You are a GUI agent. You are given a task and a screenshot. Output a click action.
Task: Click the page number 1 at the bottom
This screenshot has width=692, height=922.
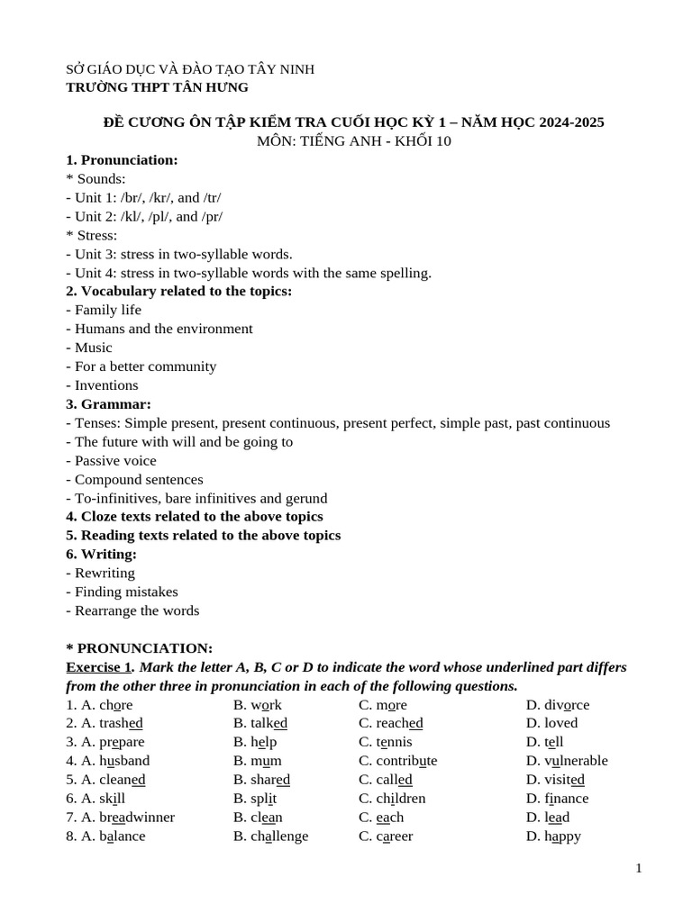coord(639,868)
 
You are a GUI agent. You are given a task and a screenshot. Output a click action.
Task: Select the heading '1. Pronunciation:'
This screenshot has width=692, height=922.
coord(122,159)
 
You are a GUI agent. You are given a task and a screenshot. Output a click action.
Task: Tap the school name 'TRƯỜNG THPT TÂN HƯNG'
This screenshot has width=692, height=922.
coord(157,87)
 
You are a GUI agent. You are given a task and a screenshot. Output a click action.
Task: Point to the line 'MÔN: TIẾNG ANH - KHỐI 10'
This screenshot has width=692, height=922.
coord(354,141)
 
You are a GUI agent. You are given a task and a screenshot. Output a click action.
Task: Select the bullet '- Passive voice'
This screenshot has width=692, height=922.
coord(111,461)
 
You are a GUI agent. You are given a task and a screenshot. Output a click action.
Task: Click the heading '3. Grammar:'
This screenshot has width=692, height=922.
coord(108,404)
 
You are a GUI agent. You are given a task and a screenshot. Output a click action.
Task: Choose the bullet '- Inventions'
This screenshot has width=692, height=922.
coord(102,385)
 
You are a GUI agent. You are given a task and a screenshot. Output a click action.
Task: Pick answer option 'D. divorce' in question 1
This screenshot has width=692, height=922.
coord(558,705)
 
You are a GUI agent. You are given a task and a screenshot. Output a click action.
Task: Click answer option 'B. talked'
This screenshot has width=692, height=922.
coord(260,723)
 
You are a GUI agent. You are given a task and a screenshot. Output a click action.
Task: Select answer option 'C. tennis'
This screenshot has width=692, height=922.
coord(385,742)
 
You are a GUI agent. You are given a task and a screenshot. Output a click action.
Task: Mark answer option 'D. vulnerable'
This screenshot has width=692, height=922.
coord(567,761)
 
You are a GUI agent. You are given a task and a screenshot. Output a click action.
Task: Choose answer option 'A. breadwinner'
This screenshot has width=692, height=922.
coord(120,818)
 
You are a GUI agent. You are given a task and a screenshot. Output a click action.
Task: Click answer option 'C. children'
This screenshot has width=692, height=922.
coord(392,799)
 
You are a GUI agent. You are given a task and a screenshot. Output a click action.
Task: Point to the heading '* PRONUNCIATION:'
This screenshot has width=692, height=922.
coord(139,648)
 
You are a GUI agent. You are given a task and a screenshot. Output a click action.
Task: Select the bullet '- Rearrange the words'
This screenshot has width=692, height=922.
coord(132,610)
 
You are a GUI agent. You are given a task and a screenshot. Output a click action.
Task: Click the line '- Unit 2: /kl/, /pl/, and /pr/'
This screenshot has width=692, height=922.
coord(144,216)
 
